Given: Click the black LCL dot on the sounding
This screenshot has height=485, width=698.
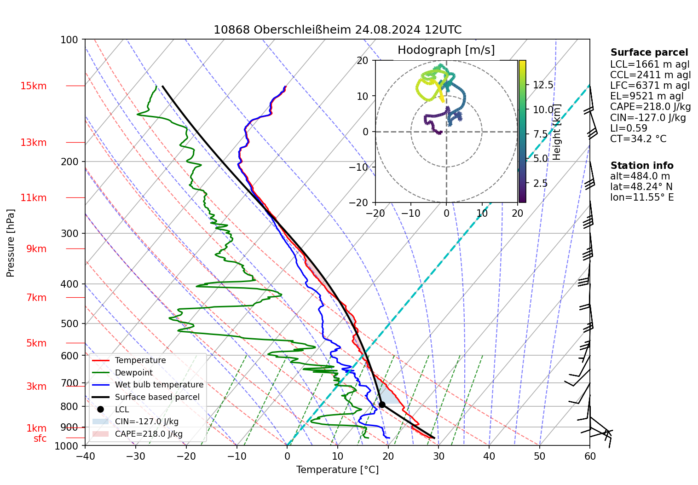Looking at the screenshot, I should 382,404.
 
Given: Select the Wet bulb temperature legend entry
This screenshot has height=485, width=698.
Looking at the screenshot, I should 159,385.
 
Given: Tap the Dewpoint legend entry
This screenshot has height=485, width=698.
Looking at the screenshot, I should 133,373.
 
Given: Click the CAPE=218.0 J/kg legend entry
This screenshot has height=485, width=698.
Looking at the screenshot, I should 148,434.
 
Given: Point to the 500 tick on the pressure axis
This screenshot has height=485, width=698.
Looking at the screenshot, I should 69,323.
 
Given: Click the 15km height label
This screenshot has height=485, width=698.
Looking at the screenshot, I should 33,86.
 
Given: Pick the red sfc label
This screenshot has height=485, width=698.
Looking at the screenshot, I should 40,439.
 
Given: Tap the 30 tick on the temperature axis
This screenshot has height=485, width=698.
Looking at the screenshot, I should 438,456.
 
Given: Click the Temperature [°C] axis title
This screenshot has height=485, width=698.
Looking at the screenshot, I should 337,470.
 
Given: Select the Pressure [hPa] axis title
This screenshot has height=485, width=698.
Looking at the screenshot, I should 11,243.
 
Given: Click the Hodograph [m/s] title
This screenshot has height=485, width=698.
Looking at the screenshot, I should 446,50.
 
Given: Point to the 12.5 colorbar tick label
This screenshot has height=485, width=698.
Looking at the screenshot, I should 543,85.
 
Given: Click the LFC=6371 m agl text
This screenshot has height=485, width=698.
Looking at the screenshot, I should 650,86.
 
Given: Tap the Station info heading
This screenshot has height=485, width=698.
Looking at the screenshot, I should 641,166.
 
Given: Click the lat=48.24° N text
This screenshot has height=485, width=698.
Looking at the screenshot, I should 641,187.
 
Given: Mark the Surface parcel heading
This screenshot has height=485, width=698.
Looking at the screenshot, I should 649,52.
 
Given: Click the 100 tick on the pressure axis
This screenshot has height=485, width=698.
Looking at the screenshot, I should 69,40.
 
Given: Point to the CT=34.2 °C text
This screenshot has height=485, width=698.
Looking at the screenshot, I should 638,139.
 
